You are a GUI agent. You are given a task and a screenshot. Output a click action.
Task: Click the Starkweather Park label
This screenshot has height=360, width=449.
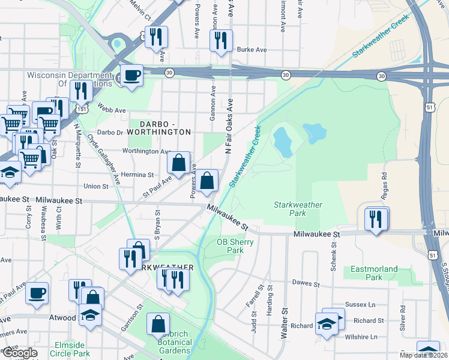click(298, 209)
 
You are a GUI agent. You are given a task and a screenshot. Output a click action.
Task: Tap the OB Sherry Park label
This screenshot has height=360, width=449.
click(235, 247)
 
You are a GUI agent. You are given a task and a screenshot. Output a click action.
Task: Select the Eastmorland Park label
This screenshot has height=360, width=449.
click(366, 274)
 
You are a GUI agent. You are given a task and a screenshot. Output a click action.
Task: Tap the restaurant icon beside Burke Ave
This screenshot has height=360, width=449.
click(221, 40)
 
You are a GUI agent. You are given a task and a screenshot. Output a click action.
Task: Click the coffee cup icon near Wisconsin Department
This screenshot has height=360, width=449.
click(131, 75)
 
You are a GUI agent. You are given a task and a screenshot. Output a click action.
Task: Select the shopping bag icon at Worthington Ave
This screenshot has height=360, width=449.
click(179, 162)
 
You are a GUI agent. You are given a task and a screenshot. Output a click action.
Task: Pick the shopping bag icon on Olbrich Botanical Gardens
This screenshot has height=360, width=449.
click(157, 325)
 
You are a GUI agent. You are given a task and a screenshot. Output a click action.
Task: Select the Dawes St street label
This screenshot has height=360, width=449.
click(304, 282)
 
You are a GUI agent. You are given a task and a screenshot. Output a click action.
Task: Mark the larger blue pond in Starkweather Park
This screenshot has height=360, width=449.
click(282, 142)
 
